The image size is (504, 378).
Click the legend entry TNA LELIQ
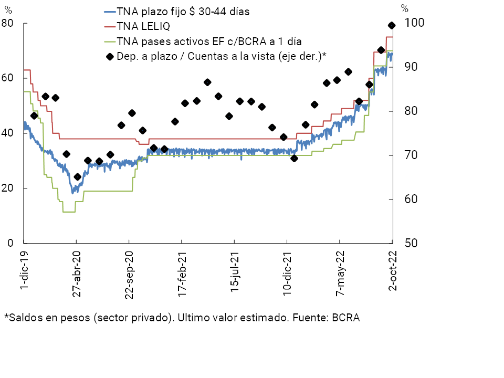[x=143, y=26]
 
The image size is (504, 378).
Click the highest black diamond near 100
[x=392, y=25]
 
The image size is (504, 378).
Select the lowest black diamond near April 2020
[x=78, y=177]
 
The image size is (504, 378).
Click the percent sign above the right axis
[x=404, y=8]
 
